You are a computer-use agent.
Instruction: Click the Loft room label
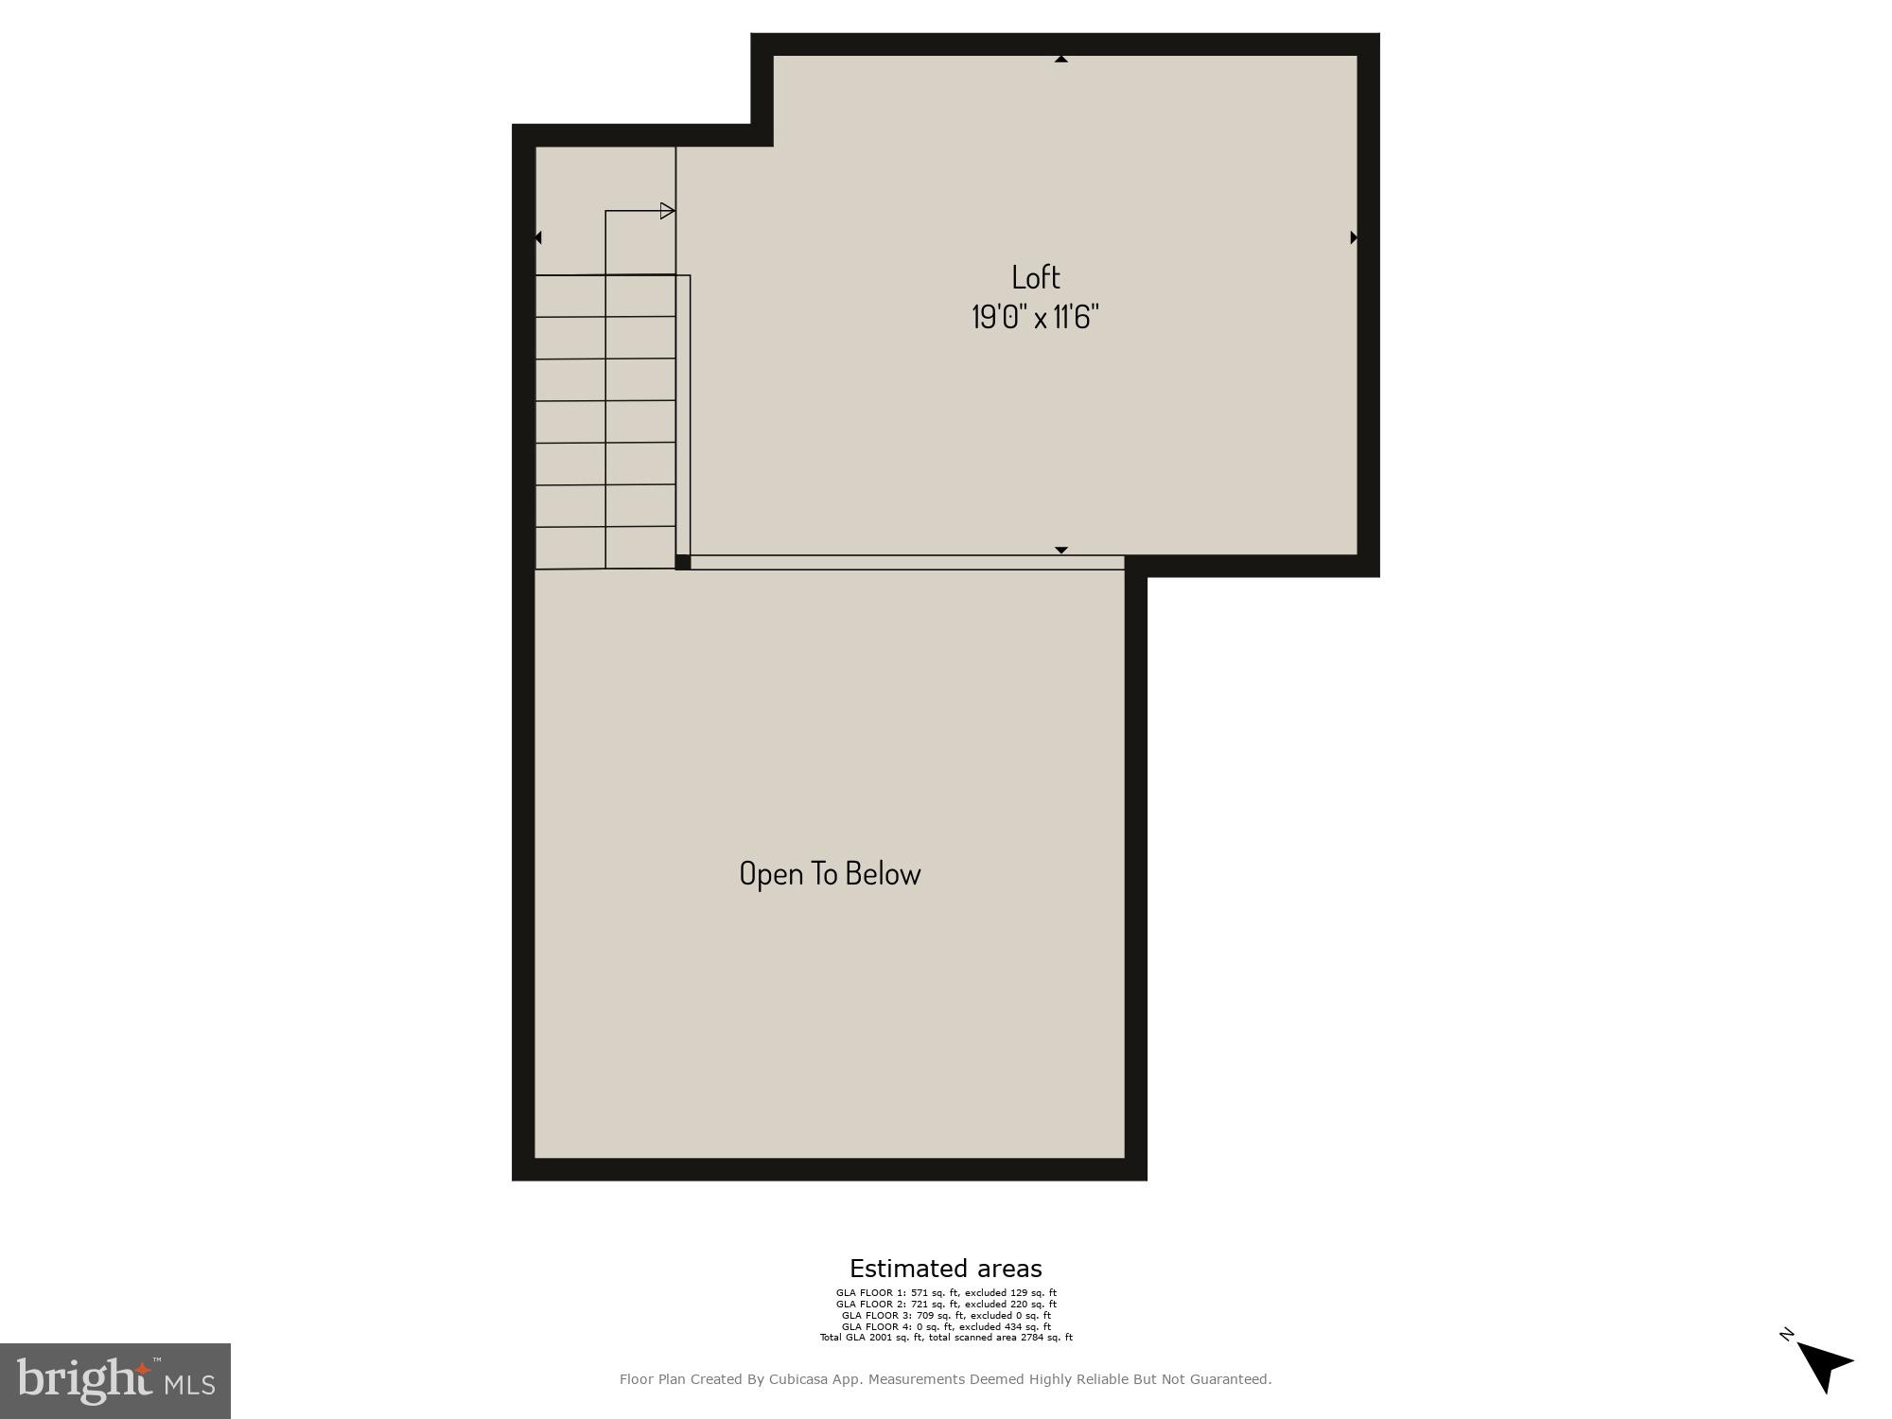[x=1036, y=277]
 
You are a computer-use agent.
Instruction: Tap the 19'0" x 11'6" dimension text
[x=1035, y=317]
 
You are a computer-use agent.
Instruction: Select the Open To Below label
[x=830, y=873]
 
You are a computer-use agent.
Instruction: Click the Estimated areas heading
[x=945, y=1269]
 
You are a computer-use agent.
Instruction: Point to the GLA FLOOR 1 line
[x=946, y=1292]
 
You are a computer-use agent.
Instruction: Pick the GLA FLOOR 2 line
[x=946, y=1304]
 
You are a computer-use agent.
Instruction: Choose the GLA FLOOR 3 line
[x=946, y=1315]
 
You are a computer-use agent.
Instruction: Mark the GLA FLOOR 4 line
[x=946, y=1326]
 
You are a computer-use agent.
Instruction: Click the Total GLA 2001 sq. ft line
[x=946, y=1338]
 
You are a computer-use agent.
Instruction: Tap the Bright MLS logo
[x=115, y=1381]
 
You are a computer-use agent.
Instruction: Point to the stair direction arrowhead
[x=667, y=211]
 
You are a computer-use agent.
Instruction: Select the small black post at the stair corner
[x=683, y=562]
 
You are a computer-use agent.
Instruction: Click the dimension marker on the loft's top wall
[x=1061, y=59]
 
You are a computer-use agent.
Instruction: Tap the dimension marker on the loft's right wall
[x=1354, y=237]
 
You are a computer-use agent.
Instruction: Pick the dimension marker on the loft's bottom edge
[x=1061, y=550]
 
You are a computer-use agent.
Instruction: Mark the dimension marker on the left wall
[x=538, y=237]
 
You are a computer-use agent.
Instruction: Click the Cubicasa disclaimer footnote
[x=945, y=1379]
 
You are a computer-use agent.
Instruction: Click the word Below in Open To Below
[x=883, y=873]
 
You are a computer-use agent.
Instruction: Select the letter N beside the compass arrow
[x=1786, y=1335]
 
